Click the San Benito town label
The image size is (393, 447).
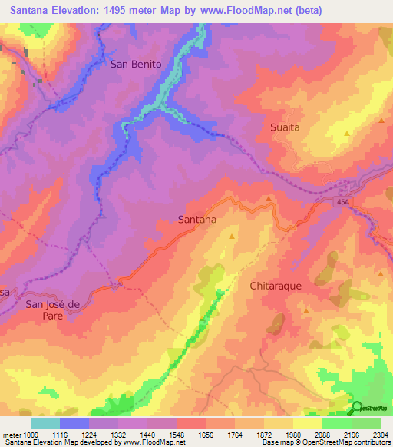point(136,65)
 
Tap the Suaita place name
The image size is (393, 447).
point(286,127)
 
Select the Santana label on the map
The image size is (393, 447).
point(196,219)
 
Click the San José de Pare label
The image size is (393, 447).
point(53,310)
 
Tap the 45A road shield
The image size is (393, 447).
point(342,201)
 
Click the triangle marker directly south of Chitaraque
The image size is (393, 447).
point(305,311)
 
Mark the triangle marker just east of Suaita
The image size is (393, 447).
point(347,133)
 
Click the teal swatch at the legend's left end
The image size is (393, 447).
point(45,423)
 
